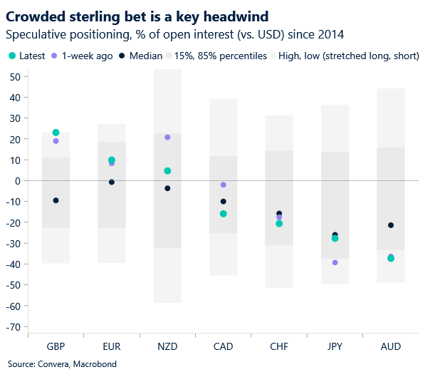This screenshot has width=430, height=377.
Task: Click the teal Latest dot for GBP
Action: pyautogui.click(x=56, y=133)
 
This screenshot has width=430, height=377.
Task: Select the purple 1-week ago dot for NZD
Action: pyautogui.click(x=167, y=138)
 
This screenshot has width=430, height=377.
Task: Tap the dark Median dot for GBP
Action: pyautogui.click(x=56, y=201)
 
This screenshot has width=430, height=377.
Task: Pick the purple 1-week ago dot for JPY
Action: pyautogui.click(x=335, y=263)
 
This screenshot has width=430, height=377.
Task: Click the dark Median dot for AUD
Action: pyautogui.click(x=390, y=226)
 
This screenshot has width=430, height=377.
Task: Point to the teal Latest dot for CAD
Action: pyautogui.click(x=224, y=214)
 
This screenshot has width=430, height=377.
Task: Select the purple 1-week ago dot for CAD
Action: pyautogui.click(x=224, y=185)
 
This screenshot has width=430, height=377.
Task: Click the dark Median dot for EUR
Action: pyautogui.click(x=112, y=182)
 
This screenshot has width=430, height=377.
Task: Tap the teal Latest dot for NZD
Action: pyautogui.click(x=167, y=171)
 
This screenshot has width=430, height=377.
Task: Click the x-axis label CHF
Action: pyautogui.click(x=279, y=346)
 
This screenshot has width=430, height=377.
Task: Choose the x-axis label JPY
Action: pyautogui.click(x=335, y=346)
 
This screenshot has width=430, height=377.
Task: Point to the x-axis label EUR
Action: pyautogui.click(x=112, y=346)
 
